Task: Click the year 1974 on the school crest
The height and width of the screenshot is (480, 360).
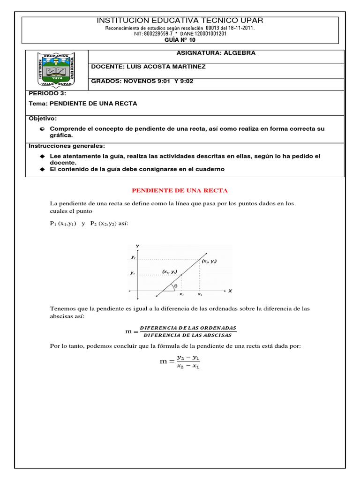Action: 56,78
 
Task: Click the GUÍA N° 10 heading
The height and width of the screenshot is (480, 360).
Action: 180,40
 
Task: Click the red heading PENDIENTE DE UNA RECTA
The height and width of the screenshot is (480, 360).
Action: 180,191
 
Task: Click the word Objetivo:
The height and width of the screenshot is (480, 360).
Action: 43,119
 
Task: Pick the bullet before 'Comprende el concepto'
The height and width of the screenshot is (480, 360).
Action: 42,129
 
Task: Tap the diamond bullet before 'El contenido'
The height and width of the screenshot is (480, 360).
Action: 42,169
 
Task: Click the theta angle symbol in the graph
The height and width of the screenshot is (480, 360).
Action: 175,285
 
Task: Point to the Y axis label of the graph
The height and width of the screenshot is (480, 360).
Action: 137,246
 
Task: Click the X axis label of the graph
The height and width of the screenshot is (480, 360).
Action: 230,291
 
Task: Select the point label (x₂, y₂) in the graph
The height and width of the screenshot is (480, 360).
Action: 209,261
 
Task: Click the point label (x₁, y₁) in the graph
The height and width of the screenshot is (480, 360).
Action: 170,271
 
